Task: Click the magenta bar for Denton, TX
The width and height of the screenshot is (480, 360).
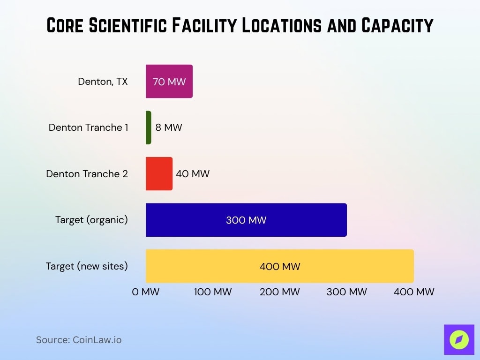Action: coord(169,81)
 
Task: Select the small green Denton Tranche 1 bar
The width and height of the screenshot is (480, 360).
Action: coord(149,127)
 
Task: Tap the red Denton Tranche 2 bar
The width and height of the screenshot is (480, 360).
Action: coord(159,173)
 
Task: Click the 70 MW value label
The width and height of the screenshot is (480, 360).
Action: coord(169,82)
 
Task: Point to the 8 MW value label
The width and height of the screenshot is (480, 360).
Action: coord(169,127)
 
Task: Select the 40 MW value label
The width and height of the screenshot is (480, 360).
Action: coord(193,174)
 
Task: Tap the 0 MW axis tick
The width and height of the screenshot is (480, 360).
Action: coord(146,292)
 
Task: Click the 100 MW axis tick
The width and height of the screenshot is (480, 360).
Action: coord(213,292)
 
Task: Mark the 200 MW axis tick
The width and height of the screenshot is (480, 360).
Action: coord(280,292)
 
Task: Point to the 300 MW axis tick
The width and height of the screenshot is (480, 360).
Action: coord(347,292)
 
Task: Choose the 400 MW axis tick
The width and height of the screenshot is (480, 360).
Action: coord(414,292)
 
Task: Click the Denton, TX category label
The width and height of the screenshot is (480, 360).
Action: coord(103,82)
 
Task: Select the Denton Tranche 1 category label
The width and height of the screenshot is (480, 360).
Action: coord(88,127)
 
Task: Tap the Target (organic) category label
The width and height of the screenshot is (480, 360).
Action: coord(91,220)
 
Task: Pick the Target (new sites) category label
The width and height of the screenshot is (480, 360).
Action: coord(87,266)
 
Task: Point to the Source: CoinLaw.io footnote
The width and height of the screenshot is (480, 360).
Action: coord(79,340)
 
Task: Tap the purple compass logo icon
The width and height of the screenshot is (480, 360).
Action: coord(459,339)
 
